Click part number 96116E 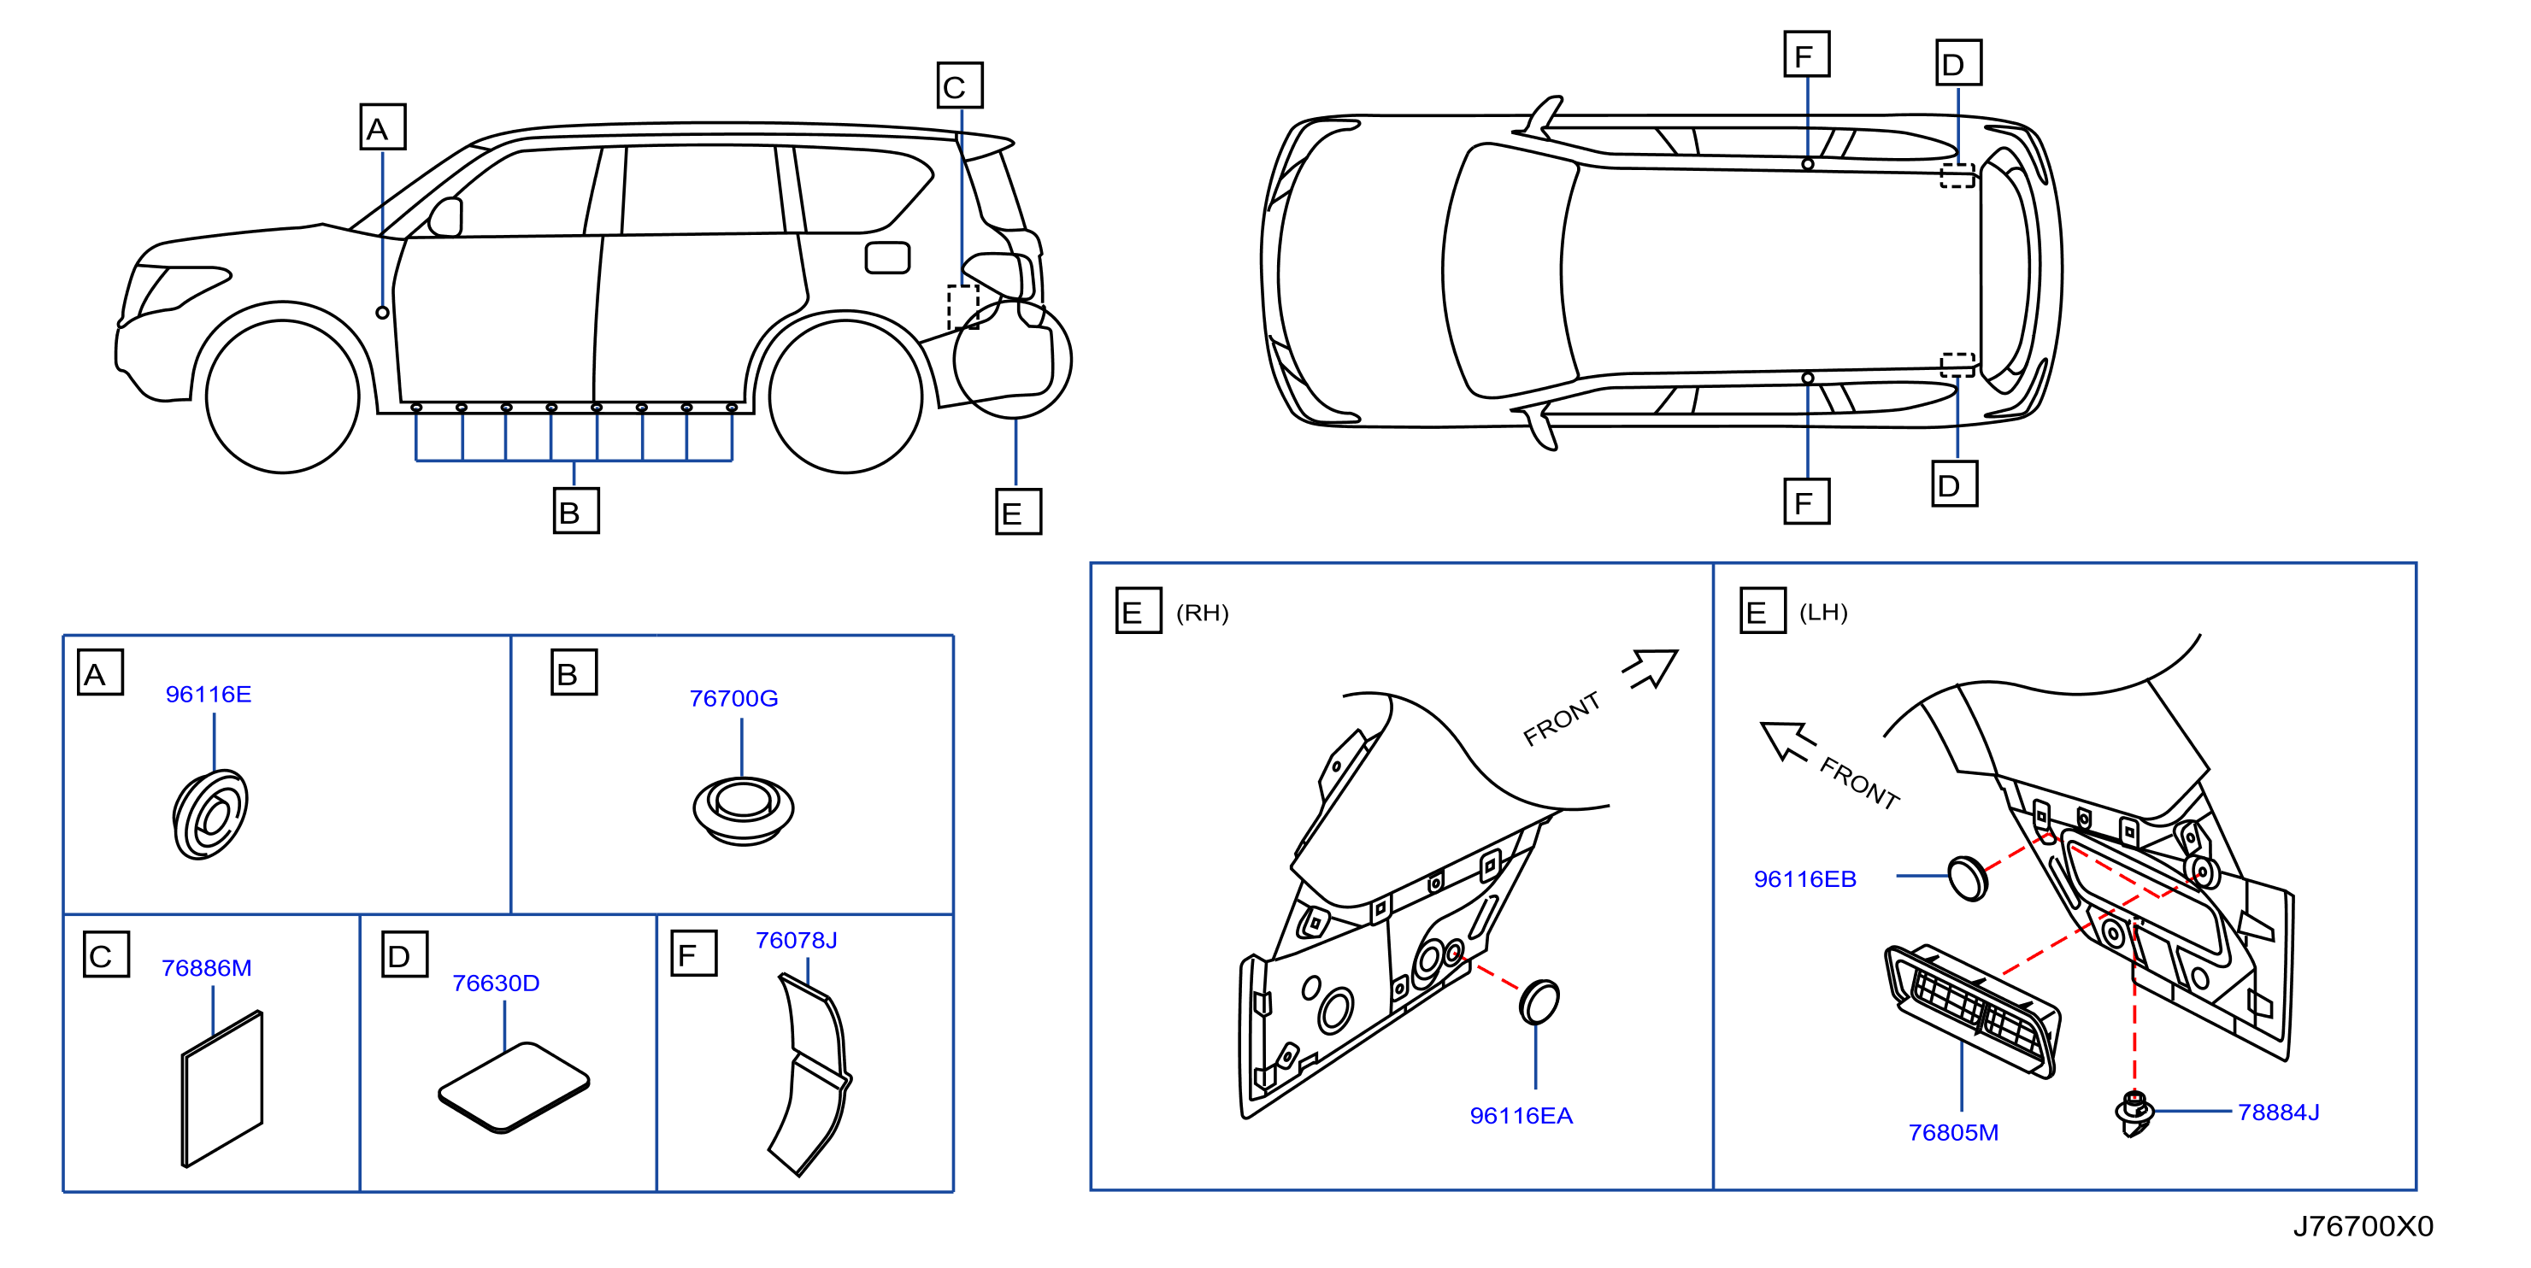209,695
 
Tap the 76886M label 206,967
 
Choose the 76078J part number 796,940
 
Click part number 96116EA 1521,1116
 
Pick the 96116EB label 1805,879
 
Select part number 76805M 1953,1132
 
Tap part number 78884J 2279,1112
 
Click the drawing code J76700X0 2363,1227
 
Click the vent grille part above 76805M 1972,1011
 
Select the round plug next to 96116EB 1968,878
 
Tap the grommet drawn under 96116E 210,814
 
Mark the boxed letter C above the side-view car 959,86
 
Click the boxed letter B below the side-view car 576,511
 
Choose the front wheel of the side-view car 283,396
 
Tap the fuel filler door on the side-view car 887,257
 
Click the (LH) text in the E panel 1822,613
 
